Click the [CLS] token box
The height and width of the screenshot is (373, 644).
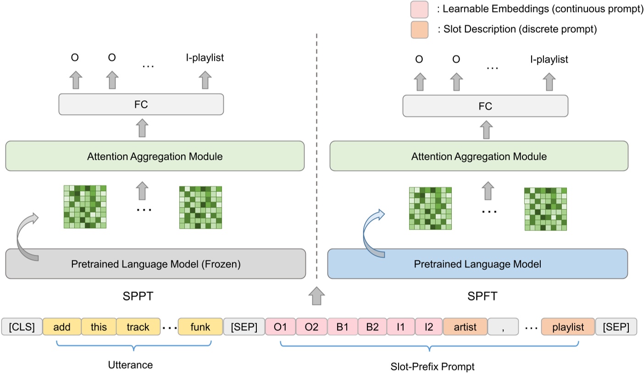(x=22, y=327)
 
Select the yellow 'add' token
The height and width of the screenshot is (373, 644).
(x=61, y=327)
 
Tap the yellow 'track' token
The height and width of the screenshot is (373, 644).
(x=138, y=327)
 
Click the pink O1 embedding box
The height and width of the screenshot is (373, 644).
(x=280, y=327)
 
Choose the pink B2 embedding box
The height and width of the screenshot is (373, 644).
(x=372, y=327)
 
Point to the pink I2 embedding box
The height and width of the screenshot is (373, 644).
(x=428, y=327)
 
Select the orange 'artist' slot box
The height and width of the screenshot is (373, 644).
(x=465, y=327)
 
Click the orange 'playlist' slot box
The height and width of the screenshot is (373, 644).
(x=568, y=327)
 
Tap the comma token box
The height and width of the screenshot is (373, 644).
(x=503, y=327)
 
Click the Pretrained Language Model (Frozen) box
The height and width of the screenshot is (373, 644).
(x=155, y=264)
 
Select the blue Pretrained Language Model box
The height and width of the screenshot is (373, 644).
(x=477, y=264)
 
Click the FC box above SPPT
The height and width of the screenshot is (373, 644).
(x=141, y=105)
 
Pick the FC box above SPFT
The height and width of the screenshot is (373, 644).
(x=485, y=106)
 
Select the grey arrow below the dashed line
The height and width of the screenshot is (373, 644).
(x=316, y=295)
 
